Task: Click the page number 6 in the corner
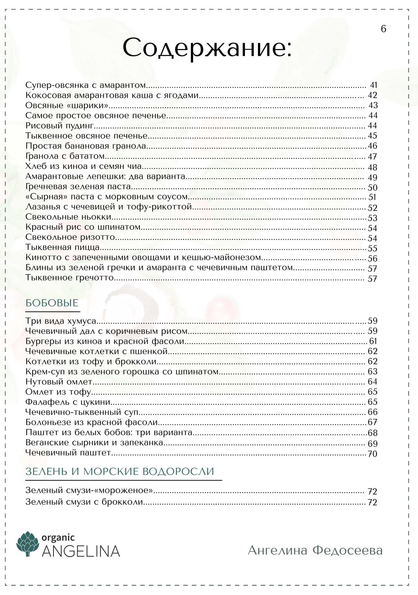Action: [x=383, y=29]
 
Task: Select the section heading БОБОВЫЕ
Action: [x=52, y=303]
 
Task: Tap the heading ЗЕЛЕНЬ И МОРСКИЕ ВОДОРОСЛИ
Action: [x=120, y=472]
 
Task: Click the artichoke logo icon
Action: [x=28, y=544]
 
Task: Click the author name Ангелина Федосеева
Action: [x=315, y=550]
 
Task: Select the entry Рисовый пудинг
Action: [x=60, y=126]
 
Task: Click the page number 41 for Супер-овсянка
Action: [x=373, y=85]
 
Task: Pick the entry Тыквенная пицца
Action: [x=63, y=247]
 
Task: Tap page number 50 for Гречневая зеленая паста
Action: [x=372, y=187]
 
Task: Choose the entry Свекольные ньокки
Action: [x=68, y=217]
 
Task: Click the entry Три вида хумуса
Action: [x=61, y=321]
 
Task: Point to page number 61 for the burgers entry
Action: [x=373, y=341]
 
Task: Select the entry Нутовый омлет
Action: [x=59, y=382]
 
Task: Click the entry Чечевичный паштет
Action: [x=68, y=452]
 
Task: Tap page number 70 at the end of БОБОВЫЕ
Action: [x=372, y=454]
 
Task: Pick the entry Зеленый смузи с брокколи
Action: [x=84, y=502]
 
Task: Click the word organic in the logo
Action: [x=58, y=538]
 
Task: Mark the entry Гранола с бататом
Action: [x=65, y=156]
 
